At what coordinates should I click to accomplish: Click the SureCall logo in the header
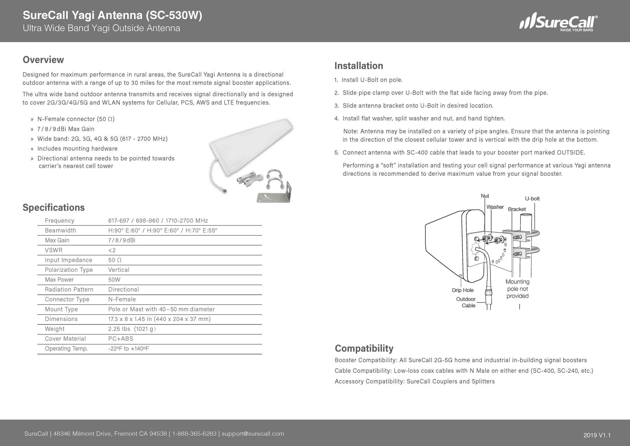[558, 22]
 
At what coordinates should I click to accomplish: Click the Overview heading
[43, 60]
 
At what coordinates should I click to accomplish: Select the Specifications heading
[53, 207]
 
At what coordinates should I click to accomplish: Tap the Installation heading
[358, 66]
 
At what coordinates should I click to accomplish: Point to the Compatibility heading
[364, 348]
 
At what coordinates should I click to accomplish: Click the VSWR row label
[53, 250]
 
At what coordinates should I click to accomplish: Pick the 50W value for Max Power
[114, 280]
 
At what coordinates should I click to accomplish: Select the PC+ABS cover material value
[120, 339]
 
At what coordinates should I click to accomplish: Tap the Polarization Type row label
[69, 270]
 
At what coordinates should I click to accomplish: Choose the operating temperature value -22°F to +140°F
[128, 349]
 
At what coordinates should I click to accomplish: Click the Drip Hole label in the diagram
[463, 290]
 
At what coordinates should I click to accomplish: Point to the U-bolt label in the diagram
[532, 199]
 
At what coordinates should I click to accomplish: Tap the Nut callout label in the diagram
[485, 196]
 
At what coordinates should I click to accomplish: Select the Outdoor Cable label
[466, 302]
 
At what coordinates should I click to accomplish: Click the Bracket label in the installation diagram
[517, 209]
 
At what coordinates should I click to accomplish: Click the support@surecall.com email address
[253, 434]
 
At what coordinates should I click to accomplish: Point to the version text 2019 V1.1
[597, 435]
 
